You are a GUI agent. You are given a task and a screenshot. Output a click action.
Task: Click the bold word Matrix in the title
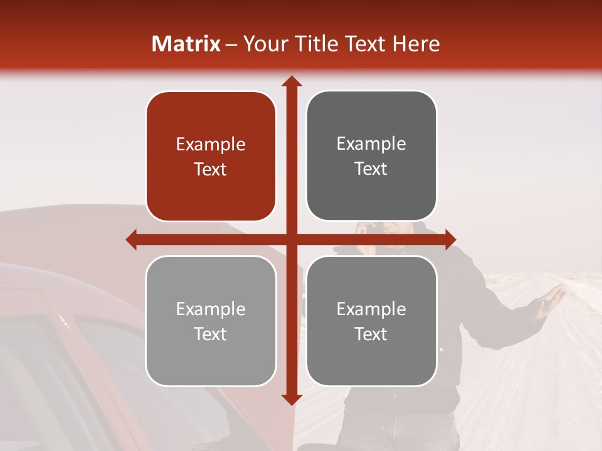tap(186, 44)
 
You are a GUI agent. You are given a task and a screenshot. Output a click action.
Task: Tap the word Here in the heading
tap(416, 44)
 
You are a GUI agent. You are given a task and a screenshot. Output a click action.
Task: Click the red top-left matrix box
tap(211, 157)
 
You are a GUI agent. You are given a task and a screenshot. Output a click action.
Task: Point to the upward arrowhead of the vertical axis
tap(291, 81)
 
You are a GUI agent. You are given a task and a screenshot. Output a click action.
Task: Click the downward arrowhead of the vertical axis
tap(291, 399)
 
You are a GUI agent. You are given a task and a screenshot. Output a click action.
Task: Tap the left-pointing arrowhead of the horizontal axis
tap(131, 239)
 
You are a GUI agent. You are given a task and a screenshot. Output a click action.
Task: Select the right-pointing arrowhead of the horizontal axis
tap(450, 239)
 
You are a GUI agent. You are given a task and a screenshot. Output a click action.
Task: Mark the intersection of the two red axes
tap(291, 239)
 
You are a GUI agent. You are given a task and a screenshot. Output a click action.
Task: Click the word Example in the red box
tap(211, 145)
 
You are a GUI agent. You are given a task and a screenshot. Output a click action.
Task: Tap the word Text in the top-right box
tap(371, 169)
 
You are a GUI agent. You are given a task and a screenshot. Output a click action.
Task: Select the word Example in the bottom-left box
tap(211, 309)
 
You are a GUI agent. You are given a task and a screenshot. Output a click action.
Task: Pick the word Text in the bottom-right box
tap(371, 334)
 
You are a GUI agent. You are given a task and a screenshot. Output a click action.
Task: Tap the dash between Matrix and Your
tap(231, 44)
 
